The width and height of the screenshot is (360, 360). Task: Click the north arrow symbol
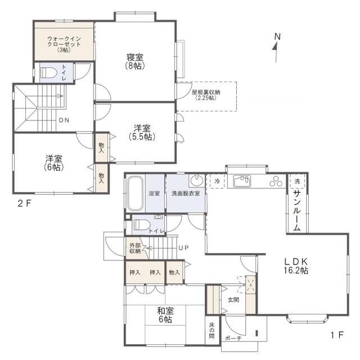pyautogui.click(x=276, y=48)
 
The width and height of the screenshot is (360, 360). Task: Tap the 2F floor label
pyautogui.click(x=24, y=204)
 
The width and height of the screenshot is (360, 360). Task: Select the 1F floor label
pyautogui.click(x=337, y=335)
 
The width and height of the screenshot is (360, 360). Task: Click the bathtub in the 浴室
pyautogui.click(x=135, y=193)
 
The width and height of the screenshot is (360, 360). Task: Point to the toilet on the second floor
pyautogui.click(x=49, y=73)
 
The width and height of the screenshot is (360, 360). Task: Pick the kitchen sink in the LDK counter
pyautogui.click(x=242, y=181)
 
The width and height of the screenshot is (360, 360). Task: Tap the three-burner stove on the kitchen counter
pyautogui.click(x=276, y=181)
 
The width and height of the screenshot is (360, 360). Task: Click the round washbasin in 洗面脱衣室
pyautogui.click(x=197, y=180)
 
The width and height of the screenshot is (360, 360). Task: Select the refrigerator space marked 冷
pyautogui.click(x=217, y=181)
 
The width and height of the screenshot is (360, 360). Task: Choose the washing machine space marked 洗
pyautogui.click(x=297, y=181)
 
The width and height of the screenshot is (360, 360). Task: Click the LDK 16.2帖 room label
pyautogui.click(x=296, y=266)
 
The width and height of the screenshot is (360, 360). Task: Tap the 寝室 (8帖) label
pyautogui.click(x=135, y=61)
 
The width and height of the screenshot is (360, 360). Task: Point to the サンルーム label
pyautogui.click(x=297, y=211)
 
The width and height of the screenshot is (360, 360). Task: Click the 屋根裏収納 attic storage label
pyautogui.click(x=206, y=95)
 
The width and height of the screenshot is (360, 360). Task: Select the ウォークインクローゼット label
pyautogui.click(x=64, y=44)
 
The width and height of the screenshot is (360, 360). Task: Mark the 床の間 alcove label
pyautogui.click(x=211, y=330)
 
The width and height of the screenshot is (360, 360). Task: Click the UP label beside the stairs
pyautogui.click(x=183, y=247)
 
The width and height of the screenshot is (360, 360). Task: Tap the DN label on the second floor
pyautogui.click(x=64, y=120)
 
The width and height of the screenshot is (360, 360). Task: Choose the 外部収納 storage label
pyautogui.click(x=135, y=248)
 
